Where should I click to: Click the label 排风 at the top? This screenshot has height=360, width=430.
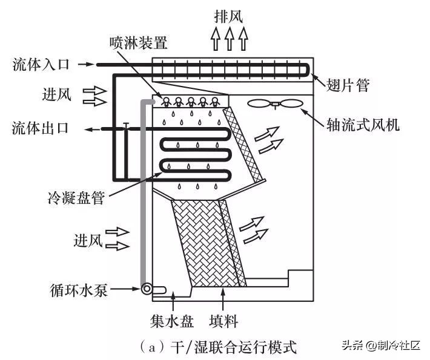click(229, 16)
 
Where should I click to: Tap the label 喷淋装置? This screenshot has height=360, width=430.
click(138, 43)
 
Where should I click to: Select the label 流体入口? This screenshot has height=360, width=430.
click(41, 65)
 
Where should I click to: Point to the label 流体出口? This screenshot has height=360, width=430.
click(41, 128)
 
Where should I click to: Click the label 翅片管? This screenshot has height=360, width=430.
click(348, 85)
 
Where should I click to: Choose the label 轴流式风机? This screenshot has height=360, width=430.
click(363, 125)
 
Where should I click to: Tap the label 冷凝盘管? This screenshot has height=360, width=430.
click(76, 198)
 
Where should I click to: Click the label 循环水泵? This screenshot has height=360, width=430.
click(79, 290)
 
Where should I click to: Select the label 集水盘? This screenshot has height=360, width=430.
click(172, 321)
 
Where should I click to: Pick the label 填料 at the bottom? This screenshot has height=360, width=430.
click(223, 321)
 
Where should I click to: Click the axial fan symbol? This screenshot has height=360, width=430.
click(275, 104)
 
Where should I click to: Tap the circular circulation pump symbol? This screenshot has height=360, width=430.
click(147, 289)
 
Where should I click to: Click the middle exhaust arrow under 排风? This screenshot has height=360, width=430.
click(230, 39)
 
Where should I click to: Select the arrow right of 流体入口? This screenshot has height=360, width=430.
click(86, 64)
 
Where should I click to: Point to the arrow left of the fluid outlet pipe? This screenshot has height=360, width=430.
click(92, 129)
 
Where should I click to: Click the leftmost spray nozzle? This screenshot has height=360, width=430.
click(165, 102)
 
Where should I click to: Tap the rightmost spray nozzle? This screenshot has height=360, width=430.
click(215, 102)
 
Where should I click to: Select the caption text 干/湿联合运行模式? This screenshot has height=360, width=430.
click(233, 347)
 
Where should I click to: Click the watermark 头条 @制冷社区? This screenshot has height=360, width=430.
click(381, 345)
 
